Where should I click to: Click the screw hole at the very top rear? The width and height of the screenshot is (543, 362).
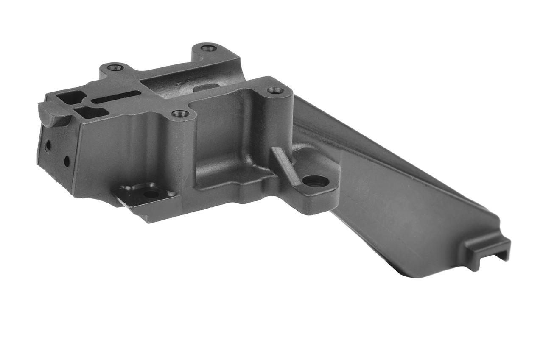click(208, 48)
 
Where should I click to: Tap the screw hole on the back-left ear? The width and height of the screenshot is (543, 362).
click(115, 67)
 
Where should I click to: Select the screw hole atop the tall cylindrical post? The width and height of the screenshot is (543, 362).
click(275, 90)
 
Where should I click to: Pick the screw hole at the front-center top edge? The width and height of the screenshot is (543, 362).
click(180, 114)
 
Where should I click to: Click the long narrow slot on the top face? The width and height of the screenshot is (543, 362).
click(117, 97)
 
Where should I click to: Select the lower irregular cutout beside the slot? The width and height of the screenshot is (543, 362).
click(91, 113)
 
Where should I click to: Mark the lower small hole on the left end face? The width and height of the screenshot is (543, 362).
click(67, 161)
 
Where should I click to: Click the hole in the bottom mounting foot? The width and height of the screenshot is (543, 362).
click(151, 195)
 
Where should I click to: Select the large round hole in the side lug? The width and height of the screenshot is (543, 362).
click(316, 181)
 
